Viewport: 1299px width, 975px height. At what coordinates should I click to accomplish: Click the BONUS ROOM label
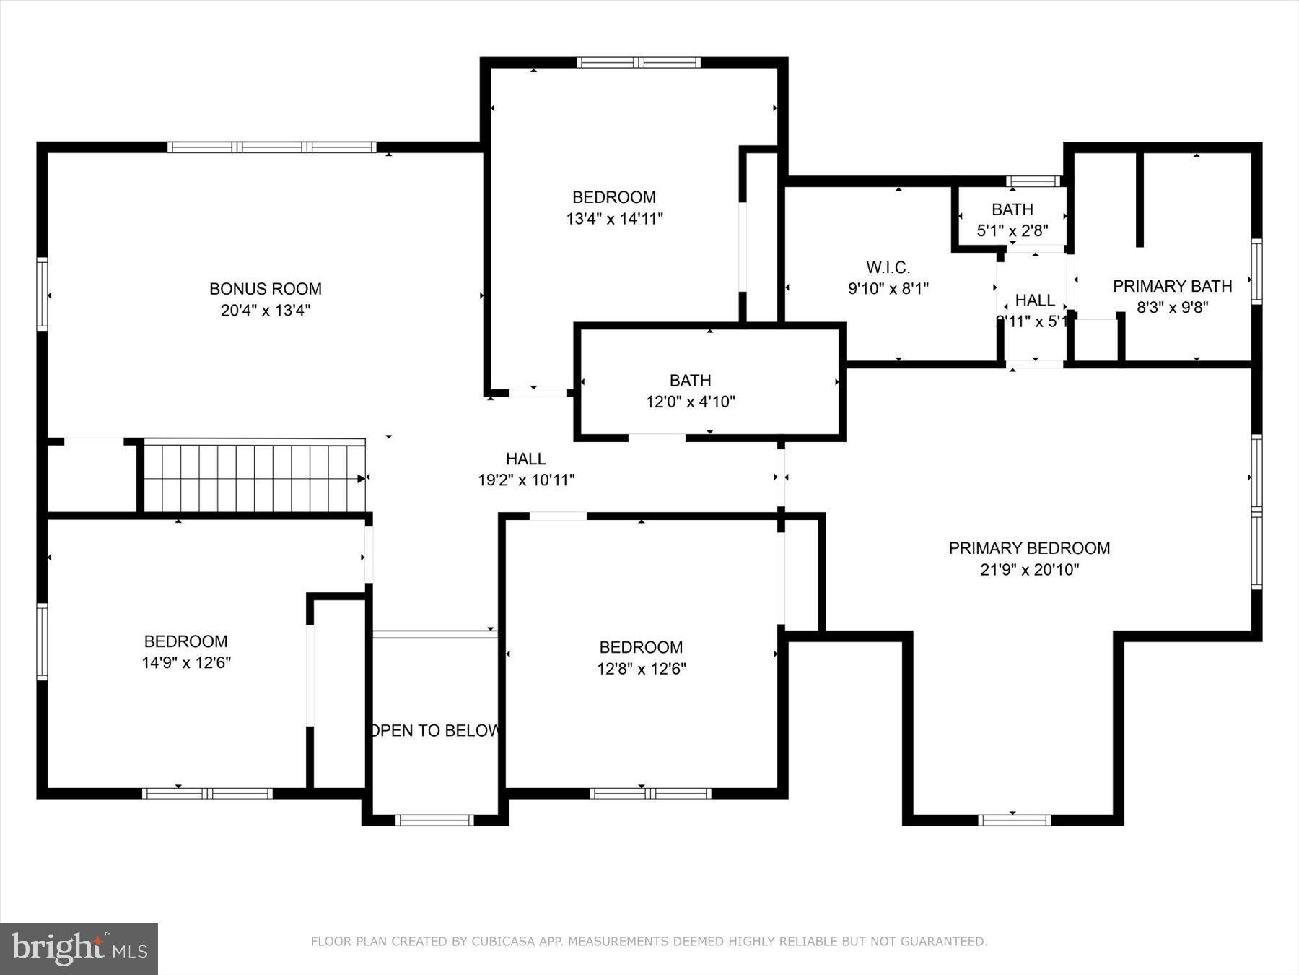point(265,289)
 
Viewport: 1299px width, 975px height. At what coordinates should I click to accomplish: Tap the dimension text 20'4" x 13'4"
point(265,311)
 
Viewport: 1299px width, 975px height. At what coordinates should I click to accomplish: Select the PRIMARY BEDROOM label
point(1029,548)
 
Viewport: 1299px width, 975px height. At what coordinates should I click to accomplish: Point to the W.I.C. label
point(888,267)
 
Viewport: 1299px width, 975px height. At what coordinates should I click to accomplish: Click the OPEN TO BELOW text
point(434,730)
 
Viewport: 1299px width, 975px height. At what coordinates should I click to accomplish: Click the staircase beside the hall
point(254,478)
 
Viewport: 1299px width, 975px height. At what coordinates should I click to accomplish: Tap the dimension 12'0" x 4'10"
point(690,402)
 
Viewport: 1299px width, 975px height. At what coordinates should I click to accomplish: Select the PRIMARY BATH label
point(1172,286)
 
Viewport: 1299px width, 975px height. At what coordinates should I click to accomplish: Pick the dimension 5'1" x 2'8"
point(1012,231)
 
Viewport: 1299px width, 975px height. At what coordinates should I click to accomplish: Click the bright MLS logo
point(79,948)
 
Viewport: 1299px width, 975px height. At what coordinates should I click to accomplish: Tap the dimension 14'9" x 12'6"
point(186,662)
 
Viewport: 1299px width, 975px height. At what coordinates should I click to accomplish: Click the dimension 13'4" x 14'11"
point(614,219)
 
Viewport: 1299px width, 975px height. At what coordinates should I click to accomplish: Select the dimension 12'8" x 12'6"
point(641,669)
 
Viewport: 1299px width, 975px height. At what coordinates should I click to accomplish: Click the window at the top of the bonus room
point(272,147)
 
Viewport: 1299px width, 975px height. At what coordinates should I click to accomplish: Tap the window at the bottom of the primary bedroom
point(1014,820)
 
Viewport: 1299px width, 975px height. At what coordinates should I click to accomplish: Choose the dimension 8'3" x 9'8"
point(1172,308)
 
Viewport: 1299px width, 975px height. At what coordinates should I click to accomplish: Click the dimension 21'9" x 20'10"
point(1029,570)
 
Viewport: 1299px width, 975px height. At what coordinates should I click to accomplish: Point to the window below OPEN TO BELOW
point(434,820)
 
